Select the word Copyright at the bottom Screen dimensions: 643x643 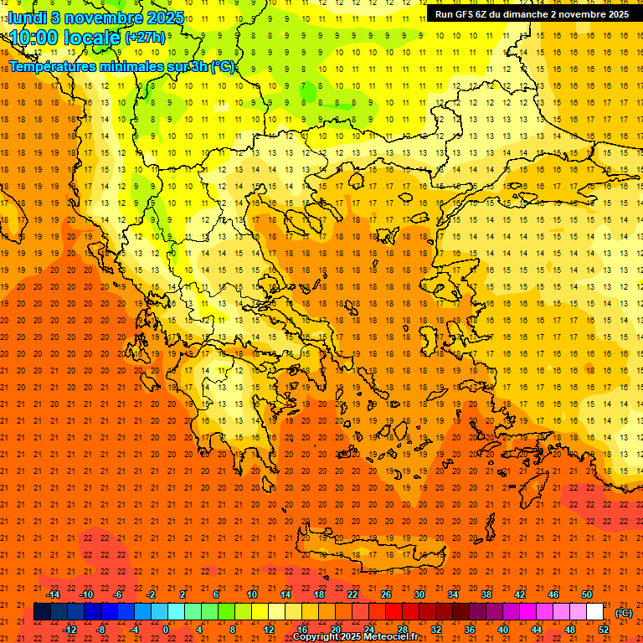[x=316, y=637]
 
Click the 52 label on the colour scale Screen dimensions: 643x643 [x=604, y=629]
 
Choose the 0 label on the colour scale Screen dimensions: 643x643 [x=166, y=629]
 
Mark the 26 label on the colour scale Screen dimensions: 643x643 [x=386, y=594]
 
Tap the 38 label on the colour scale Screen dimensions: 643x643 [x=486, y=594]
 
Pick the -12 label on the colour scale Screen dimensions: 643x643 [x=69, y=629]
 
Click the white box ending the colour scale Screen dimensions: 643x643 [x=594, y=612]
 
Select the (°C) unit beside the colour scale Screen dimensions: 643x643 [x=623, y=613]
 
